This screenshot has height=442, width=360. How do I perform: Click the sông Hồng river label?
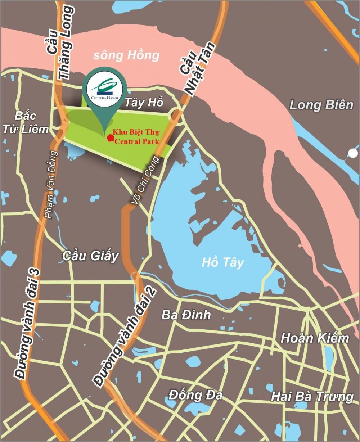click(126, 55)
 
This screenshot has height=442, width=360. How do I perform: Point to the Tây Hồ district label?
click(144, 102)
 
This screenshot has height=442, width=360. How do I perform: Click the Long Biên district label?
click(321, 105)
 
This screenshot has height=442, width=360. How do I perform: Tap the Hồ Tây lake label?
click(222, 262)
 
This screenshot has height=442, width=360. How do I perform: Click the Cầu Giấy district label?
click(90, 256)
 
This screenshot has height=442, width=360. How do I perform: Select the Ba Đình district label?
click(186, 315)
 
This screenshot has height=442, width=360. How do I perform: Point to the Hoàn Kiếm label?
click(315, 338)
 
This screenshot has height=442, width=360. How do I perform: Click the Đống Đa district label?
click(195, 395)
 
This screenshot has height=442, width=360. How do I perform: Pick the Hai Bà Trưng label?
click(312, 397)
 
